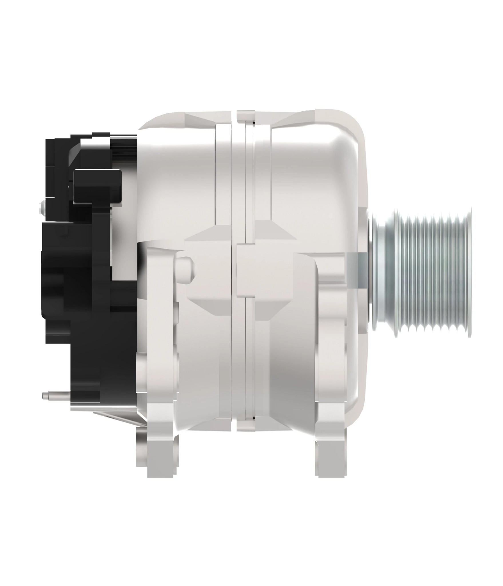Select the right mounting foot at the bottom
pyautogui.click(x=330, y=455)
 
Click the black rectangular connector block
pyautogui.click(x=97, y=186)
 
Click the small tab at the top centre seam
pyautogui.click(x=246, y=114)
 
